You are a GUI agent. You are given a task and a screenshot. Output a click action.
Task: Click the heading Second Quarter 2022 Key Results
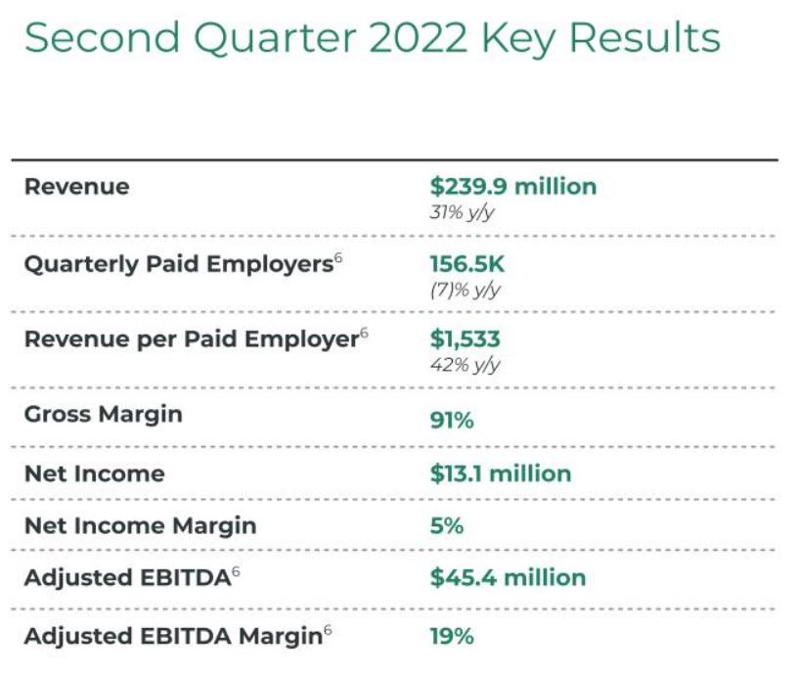[372, 38]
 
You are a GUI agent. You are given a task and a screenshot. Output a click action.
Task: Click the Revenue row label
[76, 186]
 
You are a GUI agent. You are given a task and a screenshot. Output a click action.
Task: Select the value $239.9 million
[512, 186]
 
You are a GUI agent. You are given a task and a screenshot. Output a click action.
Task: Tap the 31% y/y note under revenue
[462, 211]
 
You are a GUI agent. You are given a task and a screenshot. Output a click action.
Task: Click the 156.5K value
[467, 263]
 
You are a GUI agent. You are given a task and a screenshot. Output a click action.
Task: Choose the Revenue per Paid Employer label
[190, 339]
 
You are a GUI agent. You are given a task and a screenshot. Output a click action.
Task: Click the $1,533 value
[465, 339]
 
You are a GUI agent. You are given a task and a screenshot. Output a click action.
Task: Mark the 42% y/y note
[465, 365]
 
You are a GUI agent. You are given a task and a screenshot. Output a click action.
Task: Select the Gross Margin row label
[103, 414]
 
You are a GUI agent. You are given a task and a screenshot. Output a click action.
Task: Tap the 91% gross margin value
[452, 420]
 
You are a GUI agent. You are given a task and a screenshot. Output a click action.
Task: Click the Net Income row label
[94, 473]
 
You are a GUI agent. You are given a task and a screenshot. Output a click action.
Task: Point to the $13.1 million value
[500, 473]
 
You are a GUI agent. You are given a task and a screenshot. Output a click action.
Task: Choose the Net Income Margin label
[140, 525]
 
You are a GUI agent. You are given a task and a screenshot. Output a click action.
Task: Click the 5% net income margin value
[446, 525]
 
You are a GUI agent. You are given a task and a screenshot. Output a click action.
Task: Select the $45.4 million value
[508, 577]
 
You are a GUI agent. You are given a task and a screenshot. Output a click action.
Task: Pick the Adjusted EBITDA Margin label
[172, 636]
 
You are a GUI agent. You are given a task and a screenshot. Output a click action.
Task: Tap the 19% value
[452, 636]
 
